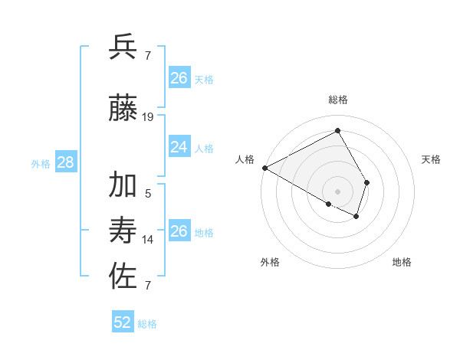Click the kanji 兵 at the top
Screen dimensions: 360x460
point(123,47)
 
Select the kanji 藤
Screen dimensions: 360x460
point(123,109)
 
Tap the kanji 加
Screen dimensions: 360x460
point(123,186)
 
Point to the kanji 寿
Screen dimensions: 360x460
point(123,231)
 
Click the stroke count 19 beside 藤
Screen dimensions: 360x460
point(148,117)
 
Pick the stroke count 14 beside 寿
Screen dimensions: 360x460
point(148,240)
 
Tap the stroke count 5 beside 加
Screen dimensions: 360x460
point(148,194)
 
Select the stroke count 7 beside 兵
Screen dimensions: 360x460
point(148,56)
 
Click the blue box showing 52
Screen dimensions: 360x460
point(123,322)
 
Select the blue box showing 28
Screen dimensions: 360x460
point(65,162)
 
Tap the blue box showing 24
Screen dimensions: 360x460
point(179,147)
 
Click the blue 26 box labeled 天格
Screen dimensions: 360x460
point(179,78)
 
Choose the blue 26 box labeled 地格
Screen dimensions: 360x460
point(179,231)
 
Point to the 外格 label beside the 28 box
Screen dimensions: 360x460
point(41,163)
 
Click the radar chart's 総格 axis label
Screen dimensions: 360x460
point(338,100)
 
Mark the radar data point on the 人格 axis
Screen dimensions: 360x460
point(264,167)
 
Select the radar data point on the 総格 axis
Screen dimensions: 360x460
point(338,131)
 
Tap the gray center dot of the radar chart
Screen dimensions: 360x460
point(338,190)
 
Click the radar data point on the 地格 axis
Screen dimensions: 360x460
point(356,216)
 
